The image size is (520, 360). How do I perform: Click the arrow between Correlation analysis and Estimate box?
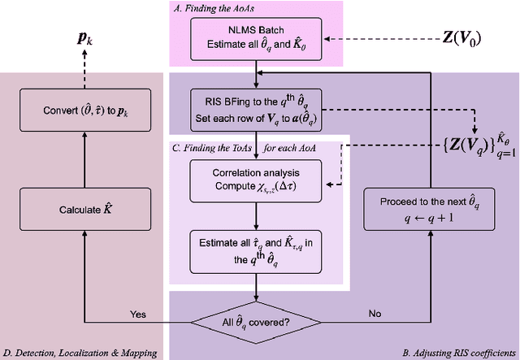[x=256, y=213]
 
